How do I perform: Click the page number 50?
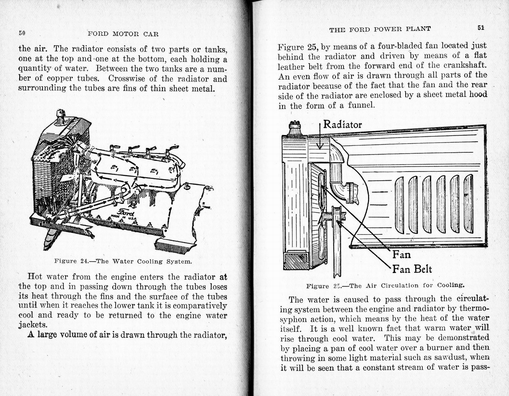pos(22,33)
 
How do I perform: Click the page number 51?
pos(481,28)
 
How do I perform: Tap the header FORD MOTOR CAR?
pos(123,34)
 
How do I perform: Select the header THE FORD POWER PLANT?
pos(380,29)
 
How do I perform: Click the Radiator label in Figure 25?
pos(342,125)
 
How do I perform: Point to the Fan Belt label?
pos(412,269)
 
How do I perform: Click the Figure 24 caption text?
pos(123,262)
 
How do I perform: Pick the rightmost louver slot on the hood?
pos(468,203)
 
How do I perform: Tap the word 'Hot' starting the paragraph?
pos(35,277)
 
